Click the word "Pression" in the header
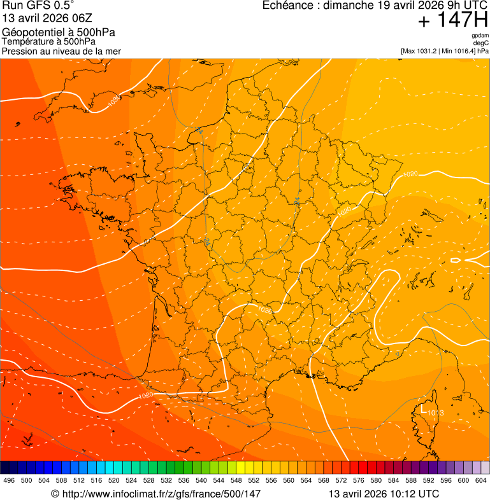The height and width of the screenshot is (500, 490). point(20,51)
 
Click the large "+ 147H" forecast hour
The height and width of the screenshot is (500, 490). point(452,20)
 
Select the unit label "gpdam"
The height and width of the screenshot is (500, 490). point(480,36)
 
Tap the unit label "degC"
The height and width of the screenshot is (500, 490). point(481,43)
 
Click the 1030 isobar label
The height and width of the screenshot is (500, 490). point(113,101)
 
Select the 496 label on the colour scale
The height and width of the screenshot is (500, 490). point(9,480)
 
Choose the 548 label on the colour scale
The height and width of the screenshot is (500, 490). point(236,480)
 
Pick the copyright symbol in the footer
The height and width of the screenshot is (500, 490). point(55,494)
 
